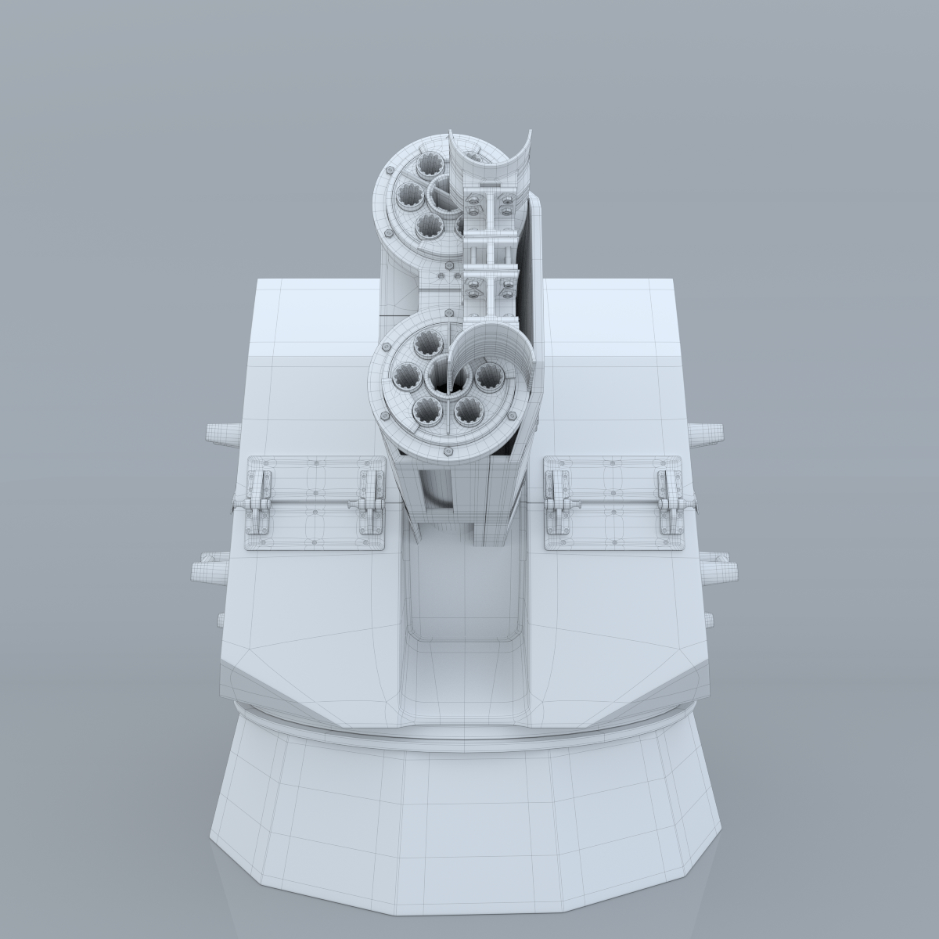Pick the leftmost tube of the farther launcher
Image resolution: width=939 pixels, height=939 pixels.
tap(408, 193)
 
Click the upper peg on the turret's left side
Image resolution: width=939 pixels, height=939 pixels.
tap(221, 433)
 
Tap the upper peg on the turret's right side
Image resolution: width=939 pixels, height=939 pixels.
tap(706, 431)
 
